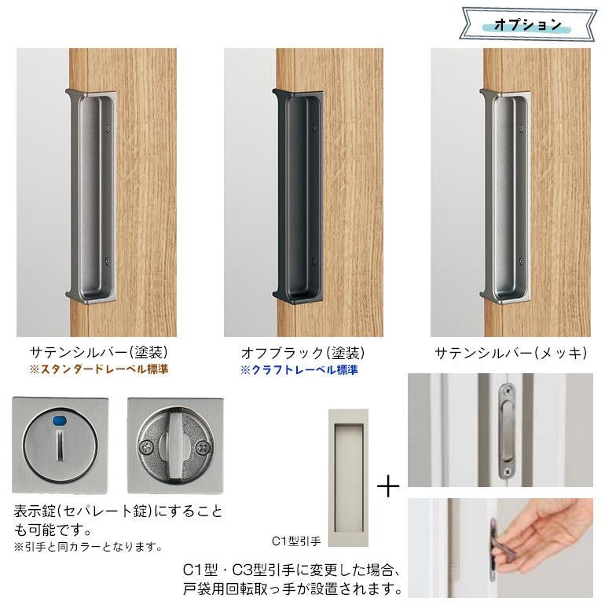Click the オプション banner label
pyautogui.click(x=528, y=24)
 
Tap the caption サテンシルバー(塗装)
pyautogui.click(x=99, y=352)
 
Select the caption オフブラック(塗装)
pyautogui.click(x=302, y=352)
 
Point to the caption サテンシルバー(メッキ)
pyautogui.click(x=511, y=353)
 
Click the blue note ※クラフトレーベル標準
pyautogui.click(x=299, y=369)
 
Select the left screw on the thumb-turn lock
pyautogui.click(x=146, y=447)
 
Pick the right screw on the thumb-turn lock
pyautogui.click(x=204, y=448)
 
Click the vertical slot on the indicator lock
pyautogui.click(x=59, y=453)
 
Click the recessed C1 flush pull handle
pyautogui.click(x=348, y=478)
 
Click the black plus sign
pyautogui.click(x=388, y=487)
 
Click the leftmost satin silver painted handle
pyautogui.click(x=92, y=196)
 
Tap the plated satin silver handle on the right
pyautogui.click(x=506, y=196)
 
